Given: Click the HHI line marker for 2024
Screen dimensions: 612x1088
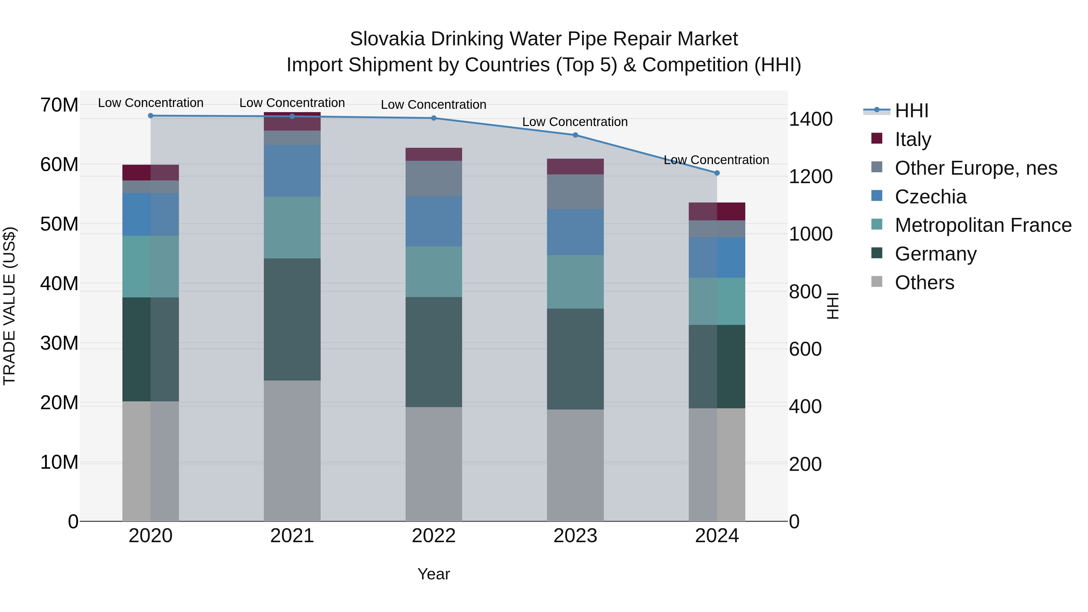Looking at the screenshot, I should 717,173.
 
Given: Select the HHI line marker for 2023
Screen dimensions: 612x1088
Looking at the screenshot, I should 575,135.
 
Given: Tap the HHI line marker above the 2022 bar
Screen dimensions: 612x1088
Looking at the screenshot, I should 434,118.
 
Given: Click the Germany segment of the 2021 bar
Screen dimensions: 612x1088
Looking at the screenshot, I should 292,319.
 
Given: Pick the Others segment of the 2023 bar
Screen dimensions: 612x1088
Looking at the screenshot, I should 575,465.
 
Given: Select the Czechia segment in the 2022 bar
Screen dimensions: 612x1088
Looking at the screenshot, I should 434,221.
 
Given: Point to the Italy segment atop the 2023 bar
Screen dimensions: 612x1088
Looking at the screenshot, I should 575,167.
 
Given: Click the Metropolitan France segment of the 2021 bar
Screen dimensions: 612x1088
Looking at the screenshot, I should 292,227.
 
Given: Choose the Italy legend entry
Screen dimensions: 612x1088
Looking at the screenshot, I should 912,139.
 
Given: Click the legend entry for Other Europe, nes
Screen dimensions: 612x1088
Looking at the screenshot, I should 976,168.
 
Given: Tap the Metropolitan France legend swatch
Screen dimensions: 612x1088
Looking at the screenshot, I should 877,224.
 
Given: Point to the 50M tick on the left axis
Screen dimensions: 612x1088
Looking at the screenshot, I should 59,224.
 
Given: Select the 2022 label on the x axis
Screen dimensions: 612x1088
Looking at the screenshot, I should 434,536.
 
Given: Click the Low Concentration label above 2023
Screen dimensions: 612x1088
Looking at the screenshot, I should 575,121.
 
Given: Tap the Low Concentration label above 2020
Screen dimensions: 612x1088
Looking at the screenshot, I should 151,103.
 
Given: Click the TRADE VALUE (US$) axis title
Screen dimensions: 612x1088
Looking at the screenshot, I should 9,306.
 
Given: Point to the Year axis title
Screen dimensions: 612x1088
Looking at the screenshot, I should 434,574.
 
